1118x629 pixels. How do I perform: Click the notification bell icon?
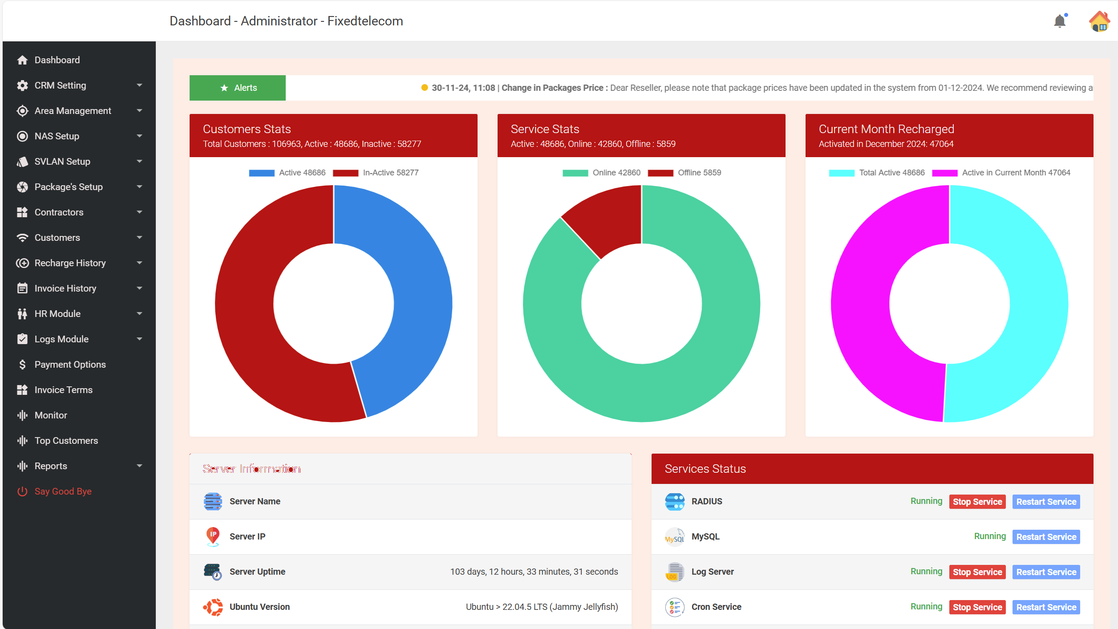click(x=1060, y=21)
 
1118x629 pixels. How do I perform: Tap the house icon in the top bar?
click(x=1099, y=21)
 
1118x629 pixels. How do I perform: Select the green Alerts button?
click(x=238, y=88)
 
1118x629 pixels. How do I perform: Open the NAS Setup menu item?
click(x=57, y=136)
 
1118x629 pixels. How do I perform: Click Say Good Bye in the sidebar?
click(x=63, y=491)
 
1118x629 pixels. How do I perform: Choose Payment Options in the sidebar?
click(x=70, y=365)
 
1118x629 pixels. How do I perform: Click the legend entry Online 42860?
click(x=602, y=173)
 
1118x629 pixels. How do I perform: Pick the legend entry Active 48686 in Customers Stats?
click(x=288, y=173)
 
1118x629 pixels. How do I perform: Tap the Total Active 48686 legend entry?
click(x=877, y=173)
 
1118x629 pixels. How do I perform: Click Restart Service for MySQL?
click(x=1046, y=537)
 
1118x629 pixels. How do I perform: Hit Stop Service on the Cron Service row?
click(x=977, y=607)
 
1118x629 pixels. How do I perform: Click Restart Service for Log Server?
click(x=1046, y=572)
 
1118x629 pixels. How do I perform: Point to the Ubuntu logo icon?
click(x=213, y=607)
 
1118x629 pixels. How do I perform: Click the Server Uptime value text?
click(x=534, y=572)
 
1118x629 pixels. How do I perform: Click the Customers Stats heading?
click(x=247, y=129)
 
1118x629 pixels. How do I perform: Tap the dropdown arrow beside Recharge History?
click(x=139, y=263)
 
